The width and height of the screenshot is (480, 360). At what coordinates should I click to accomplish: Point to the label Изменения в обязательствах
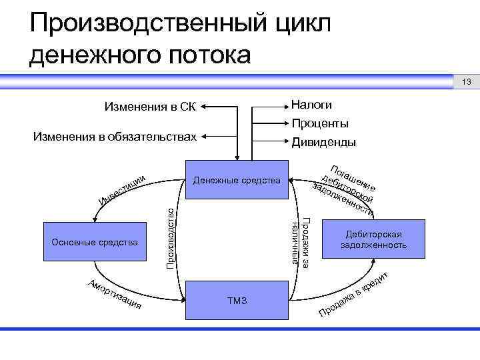(x=115, y=137)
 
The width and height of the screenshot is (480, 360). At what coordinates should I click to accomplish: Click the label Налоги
(x=311, y=105)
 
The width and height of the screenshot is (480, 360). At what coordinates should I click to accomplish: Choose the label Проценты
(x=320, y=123)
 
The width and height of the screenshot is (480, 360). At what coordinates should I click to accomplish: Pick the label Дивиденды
(x=323, y=142)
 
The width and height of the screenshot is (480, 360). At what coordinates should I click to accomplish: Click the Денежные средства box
(x=237, y=179)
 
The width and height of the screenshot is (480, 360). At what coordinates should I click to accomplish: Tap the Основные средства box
(x=95, y=241)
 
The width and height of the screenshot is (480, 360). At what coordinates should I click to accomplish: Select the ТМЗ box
(x=237, y=301)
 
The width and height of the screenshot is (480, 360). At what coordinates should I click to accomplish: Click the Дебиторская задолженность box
(x=373, y=240)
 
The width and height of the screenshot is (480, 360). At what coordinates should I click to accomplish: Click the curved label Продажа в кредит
(x=353, y=295)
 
